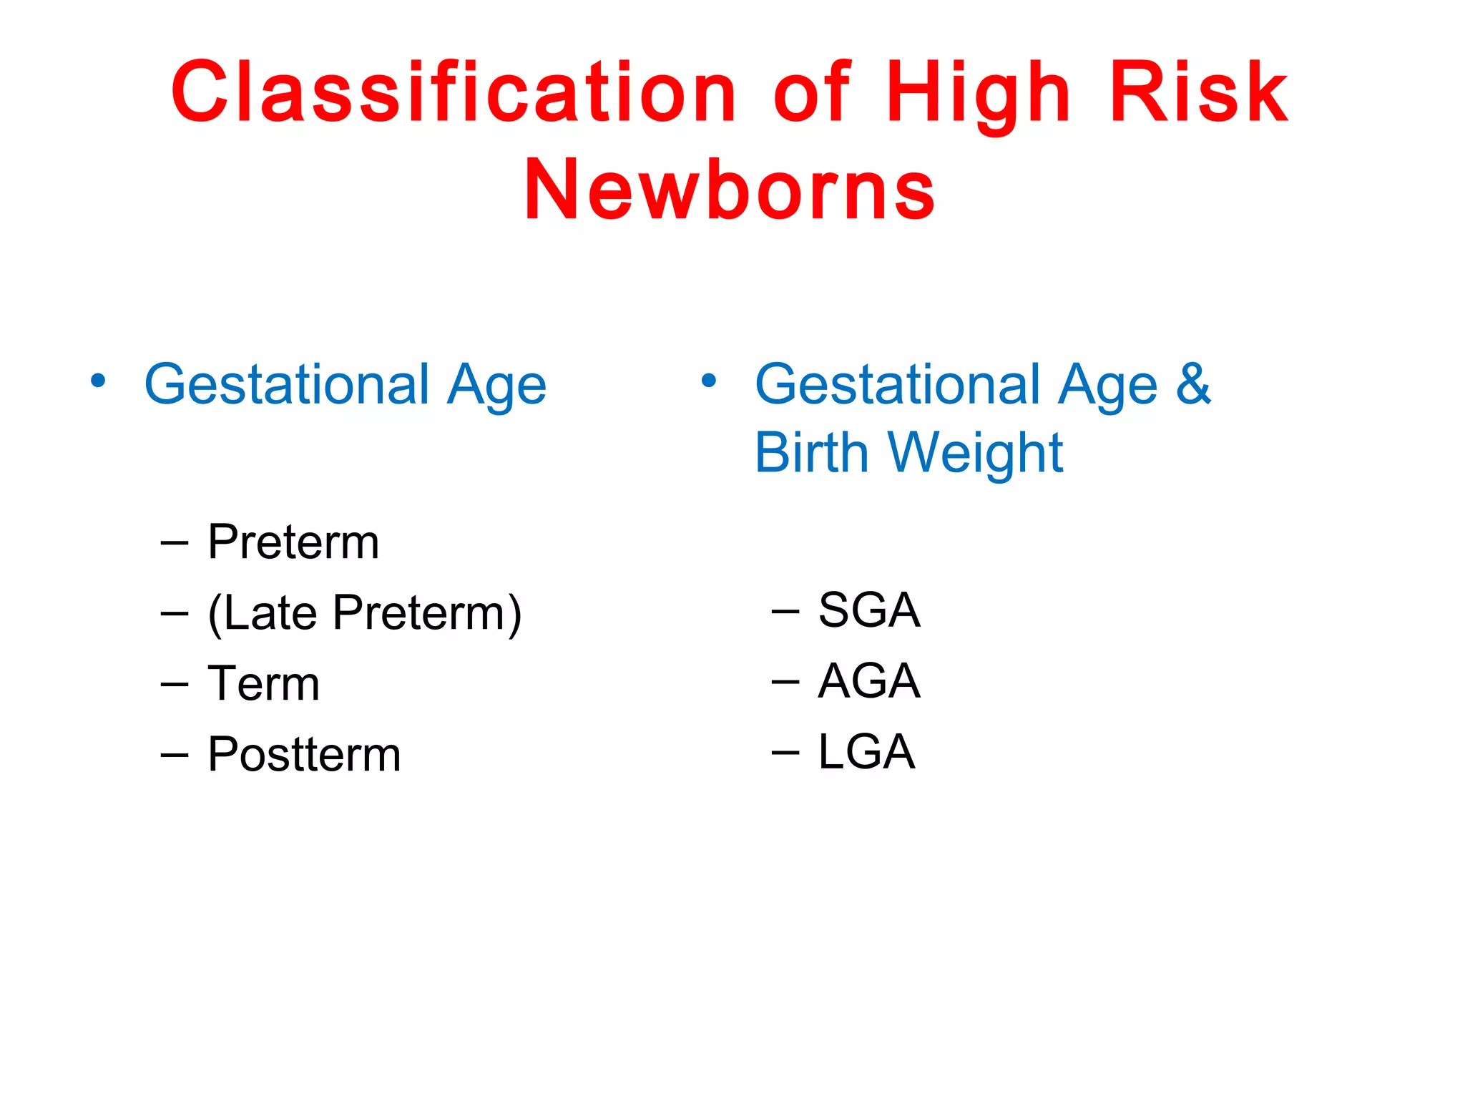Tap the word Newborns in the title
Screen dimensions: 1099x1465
point(729,190)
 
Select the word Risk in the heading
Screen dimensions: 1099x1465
point(1198,93)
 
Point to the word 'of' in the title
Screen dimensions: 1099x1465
point(812,93)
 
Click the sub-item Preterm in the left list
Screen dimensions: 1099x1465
point(293,542)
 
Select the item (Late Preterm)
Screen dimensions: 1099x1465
point(365,614)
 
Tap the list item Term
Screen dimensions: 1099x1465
point(263,684)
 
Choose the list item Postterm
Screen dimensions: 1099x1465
point(304,755)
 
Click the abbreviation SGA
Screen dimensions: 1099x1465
point(868,611)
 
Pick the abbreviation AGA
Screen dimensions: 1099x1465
point(868,681)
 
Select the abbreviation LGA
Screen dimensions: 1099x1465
point(866,752)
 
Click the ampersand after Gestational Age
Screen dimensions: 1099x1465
point(1193,384)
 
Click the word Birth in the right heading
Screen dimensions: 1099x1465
point(811,453)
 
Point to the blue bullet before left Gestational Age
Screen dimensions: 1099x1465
point(98,381)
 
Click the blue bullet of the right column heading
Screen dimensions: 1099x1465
point(708,381)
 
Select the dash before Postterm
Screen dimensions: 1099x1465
point(175,756)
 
